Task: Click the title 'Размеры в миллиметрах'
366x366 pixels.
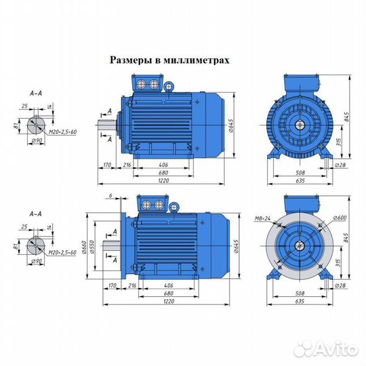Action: click(169, 60)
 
